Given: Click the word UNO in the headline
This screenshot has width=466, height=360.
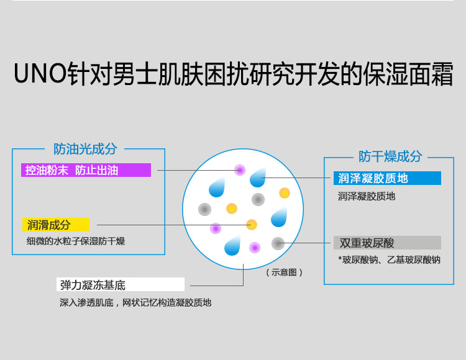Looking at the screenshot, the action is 40,73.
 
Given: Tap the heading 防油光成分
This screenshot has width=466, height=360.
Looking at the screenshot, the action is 85,149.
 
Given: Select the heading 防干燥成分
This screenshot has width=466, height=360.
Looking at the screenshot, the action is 390,156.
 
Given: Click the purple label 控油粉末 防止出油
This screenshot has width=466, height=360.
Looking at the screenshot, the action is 86,170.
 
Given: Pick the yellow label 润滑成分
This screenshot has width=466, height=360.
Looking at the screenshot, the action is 55,225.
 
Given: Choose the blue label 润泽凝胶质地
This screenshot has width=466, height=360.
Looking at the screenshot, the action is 387,178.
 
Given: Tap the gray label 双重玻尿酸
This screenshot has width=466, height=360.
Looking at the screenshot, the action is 387,243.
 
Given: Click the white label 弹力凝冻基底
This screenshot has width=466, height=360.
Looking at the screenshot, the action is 121,284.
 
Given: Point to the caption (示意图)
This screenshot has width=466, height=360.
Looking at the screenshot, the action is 284,272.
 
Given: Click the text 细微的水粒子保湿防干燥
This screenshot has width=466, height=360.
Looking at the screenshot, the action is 75,241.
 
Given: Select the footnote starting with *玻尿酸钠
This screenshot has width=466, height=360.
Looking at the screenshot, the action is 390,260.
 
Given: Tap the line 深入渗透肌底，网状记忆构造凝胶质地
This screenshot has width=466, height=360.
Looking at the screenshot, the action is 135,303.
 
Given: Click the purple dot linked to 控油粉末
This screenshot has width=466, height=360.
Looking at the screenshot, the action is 240,170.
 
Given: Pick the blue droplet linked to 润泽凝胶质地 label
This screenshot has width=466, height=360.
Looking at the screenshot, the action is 258,177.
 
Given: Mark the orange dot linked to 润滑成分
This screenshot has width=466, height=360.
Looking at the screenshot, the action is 252,225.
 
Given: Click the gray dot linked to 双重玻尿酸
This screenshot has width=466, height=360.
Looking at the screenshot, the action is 278,243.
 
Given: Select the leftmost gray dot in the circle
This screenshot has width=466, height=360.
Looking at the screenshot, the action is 205,209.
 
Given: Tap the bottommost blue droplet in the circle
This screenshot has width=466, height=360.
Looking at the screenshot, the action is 232,246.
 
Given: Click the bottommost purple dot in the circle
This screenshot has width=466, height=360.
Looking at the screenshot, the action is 255,248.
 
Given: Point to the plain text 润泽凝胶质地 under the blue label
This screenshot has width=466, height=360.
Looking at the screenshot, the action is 367,196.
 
